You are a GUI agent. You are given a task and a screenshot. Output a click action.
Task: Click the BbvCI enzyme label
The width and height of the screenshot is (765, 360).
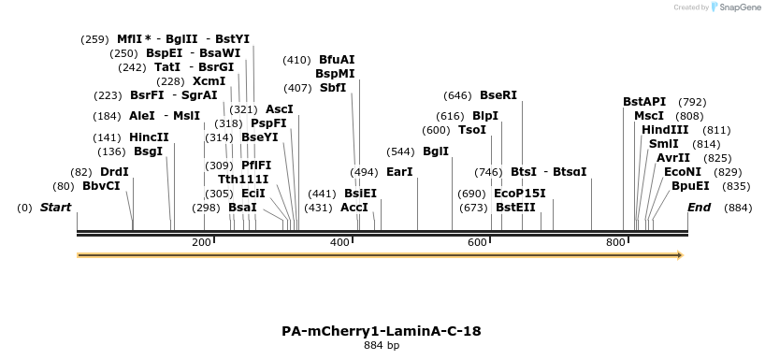101,186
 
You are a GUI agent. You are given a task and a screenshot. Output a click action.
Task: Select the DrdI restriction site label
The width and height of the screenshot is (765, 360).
114,172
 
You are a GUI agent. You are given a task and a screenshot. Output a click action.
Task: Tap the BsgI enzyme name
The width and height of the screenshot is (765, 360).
148,151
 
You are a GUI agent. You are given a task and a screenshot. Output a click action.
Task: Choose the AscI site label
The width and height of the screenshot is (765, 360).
279,109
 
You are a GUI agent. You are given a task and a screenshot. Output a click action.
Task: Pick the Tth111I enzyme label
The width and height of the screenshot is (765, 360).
243,179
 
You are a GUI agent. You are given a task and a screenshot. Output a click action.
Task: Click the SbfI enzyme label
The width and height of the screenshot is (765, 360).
333,88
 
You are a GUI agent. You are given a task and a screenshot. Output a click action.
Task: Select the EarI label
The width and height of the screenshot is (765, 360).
399,172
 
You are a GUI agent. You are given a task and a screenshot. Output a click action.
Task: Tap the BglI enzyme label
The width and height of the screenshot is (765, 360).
436,151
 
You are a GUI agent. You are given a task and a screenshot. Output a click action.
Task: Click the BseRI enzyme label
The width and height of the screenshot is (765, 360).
498,95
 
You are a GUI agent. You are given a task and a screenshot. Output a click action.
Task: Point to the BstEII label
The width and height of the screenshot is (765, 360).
515,207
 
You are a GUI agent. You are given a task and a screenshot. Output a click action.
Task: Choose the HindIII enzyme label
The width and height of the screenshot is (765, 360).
665,130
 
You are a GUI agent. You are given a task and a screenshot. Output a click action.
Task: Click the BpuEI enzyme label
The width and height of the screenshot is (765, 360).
690,186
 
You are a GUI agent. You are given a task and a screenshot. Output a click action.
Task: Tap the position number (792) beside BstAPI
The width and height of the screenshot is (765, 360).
692,102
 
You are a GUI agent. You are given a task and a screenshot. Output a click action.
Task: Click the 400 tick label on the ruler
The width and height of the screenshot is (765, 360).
339,243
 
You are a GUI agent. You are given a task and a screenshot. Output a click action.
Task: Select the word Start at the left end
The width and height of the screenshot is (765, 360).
55,207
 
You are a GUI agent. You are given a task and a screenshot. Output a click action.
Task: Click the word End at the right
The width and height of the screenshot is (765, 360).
699,207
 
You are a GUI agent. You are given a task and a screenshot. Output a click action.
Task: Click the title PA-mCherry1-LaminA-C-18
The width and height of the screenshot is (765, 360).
382,331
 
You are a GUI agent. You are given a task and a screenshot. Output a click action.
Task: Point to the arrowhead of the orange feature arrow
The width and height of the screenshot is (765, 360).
679,255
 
